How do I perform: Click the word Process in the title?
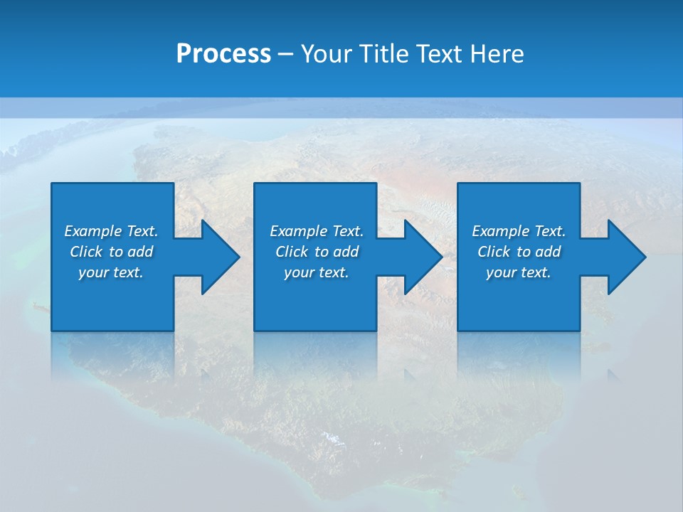223,54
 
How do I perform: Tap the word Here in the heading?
496,54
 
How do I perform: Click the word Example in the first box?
93,231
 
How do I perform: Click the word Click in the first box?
86,252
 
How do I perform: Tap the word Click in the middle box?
292,252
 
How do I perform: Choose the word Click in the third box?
494,252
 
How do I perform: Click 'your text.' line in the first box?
111,272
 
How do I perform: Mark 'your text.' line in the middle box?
316,272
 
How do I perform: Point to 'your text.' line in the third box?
518,272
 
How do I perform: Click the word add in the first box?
141,252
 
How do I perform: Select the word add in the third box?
549,252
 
